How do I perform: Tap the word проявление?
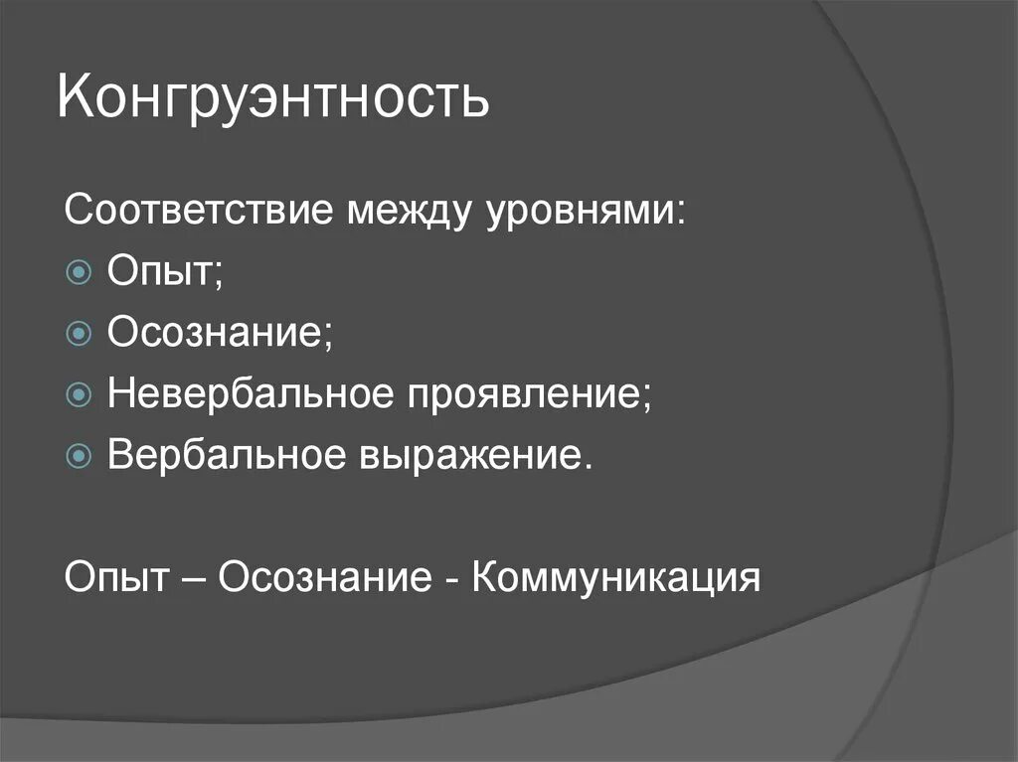(530, 394)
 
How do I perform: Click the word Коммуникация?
(616, 576)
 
